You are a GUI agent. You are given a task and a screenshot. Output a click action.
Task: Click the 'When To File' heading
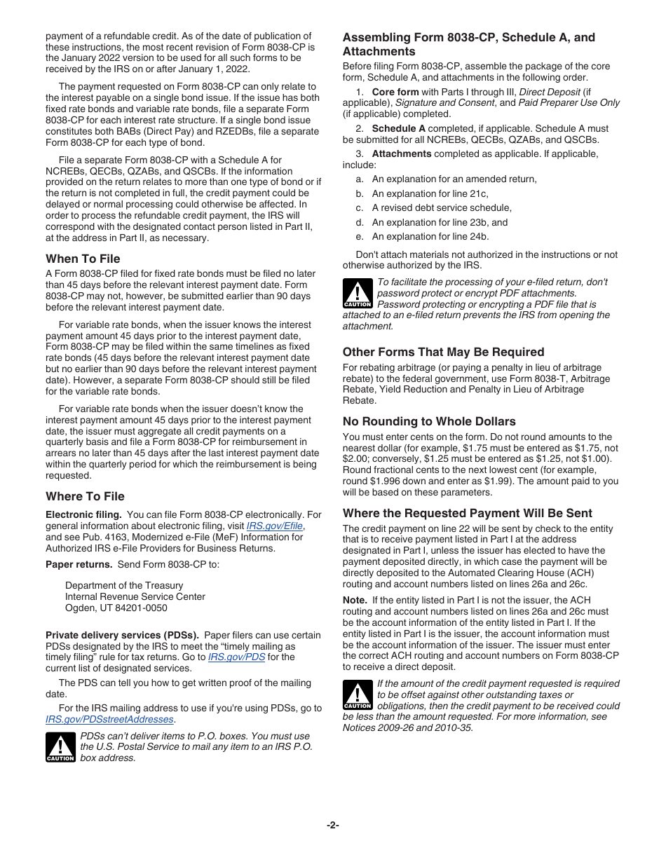[x=83, y=259]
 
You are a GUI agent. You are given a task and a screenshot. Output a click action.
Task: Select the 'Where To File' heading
[x=85, y=496]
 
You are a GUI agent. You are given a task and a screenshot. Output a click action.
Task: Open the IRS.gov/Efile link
[x=275, y=526]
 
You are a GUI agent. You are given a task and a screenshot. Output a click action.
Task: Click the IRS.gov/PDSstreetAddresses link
[x=109, y=719]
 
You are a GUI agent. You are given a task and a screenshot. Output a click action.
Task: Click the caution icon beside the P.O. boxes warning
[x=60, y=747]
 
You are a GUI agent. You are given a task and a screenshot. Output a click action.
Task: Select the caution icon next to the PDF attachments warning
[x=357, y=294]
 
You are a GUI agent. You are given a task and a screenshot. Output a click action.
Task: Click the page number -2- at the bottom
[x=332, y=825]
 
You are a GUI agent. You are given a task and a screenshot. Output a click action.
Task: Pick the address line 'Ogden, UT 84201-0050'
[x=116, y=608]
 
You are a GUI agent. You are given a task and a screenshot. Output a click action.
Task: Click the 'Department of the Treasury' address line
[x=123, y=585]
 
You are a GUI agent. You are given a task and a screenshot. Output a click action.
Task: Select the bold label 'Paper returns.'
[x=79, y=564]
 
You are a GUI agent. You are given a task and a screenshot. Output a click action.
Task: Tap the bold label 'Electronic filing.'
[x=83, y=514]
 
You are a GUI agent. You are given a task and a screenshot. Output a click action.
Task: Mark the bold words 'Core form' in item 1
[x=395, y=92]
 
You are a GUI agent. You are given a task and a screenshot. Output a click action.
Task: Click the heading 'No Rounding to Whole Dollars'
[x=428, y=421]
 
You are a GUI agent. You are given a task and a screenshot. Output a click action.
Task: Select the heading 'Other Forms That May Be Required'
[x=443, y=352]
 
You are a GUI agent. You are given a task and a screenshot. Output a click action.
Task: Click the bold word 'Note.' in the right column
[x=354, y=600]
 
